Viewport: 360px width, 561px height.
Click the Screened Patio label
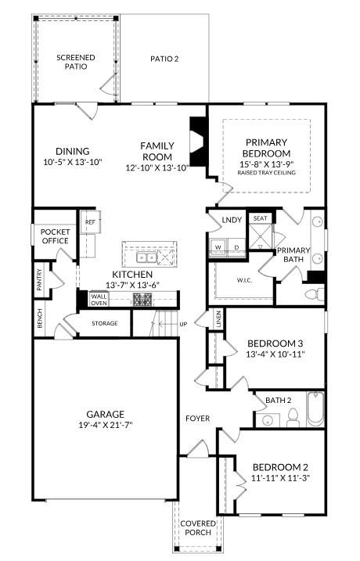pyautogui.click(x=76, y=62)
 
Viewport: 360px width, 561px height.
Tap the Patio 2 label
pyautogui.click(x=165, y=59)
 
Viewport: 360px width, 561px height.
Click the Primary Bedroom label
pyautogui.click(x=268, y=148)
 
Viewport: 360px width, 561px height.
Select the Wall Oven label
pyautogui.click(x=99, y=300)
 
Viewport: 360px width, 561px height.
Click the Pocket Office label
pyautogui.click(x=55, y=236)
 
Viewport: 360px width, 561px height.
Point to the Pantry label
pyautogui.click(x=38, y=281)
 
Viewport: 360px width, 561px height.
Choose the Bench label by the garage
pyautogui.click(x=38, y=317)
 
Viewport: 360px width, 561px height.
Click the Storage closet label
pyautogui.click(x=104, y=323)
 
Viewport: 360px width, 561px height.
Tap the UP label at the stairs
pyautogui.click(x=184, y=323)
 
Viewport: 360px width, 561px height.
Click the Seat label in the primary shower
pyautogui.click(x=260, y=218)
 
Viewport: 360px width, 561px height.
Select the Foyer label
pyautogui.click(x=197, y=419)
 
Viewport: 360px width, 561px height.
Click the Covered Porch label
pyautogui.click(x=196, y=528)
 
